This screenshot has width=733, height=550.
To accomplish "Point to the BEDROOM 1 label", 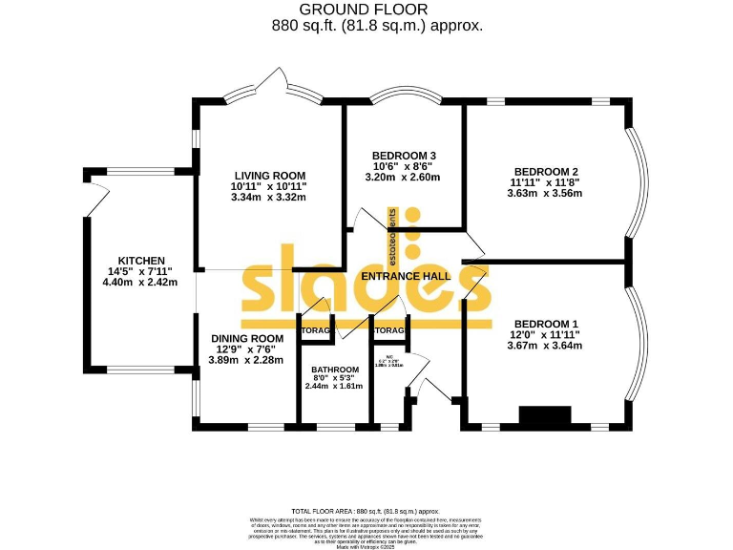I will tap(545, 323).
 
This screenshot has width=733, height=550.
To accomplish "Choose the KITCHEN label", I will tap(141, 261).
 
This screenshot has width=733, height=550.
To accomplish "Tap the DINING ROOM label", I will tap(246, 338).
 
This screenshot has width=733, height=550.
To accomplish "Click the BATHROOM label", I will tap(335, 370).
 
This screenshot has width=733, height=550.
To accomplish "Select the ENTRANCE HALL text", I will tap(406, 276).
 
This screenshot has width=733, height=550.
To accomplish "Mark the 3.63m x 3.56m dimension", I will tap(545, 193).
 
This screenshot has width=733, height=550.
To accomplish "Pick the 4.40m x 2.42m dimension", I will tap(141, 282).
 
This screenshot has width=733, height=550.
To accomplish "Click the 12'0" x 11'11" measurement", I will tap(545, 334).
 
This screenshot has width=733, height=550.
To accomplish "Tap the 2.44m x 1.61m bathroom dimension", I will tap(335, 387).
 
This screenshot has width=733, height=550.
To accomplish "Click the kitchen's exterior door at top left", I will tap(95, 199).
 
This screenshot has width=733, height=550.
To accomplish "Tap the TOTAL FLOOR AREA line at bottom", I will tap(366, 512).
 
